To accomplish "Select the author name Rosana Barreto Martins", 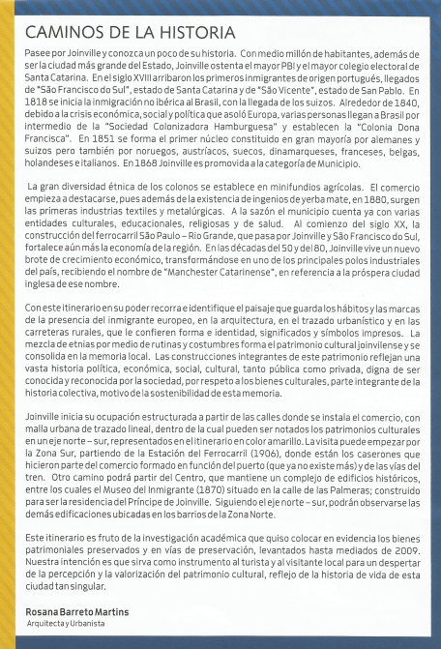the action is point(76,612).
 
